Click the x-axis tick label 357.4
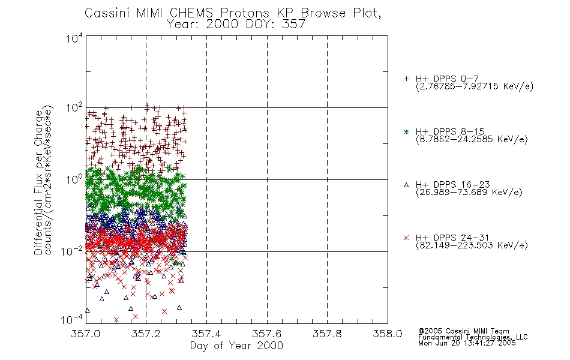(x=206, y=334)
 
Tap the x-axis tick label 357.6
(x=266, y=334)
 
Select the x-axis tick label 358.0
(x=388, y=334)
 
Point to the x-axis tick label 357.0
(x=85, y=334)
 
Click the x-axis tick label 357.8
(x=327, y=334)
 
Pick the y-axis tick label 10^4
(x=74, y=38)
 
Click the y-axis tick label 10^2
(x=74, y=107)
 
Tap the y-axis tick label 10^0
(x=74, y=179)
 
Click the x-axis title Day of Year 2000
(x=236, y=346)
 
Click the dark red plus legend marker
(x=406, y=79)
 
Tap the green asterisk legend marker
(x=406, y=132)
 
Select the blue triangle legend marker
(x=406, y=185)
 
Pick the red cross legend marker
(x=406, y=238)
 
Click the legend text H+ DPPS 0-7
(x=447, y=79)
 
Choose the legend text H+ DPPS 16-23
(x=452, y=185)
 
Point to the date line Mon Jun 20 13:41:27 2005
(x=467, y=343)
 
